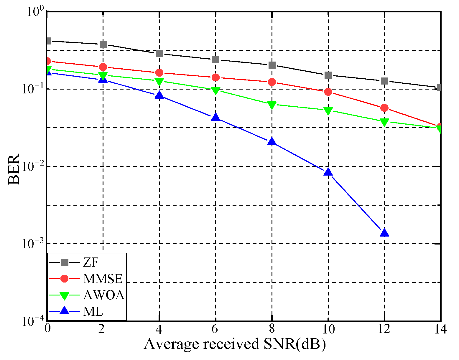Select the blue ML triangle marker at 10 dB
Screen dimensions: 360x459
pos(328,172)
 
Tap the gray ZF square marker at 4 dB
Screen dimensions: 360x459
pos(159,54)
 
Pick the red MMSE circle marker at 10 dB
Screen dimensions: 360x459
pos(328,92)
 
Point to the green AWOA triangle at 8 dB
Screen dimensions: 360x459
pos(272,105)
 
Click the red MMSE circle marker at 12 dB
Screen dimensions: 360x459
pos(384,108)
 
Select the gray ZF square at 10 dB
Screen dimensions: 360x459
pos(328,75)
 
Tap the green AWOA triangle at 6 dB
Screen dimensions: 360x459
pos(215,90)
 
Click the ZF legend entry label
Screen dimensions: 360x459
pos(90,262)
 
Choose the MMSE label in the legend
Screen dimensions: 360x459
pos(103,278)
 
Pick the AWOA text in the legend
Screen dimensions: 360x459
pos(104,295)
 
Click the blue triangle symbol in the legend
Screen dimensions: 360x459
pos(64,311)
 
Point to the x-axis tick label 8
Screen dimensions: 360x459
pos(272,329)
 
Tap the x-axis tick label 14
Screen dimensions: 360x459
pos(440,329)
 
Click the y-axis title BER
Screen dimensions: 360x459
pos(14,169)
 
